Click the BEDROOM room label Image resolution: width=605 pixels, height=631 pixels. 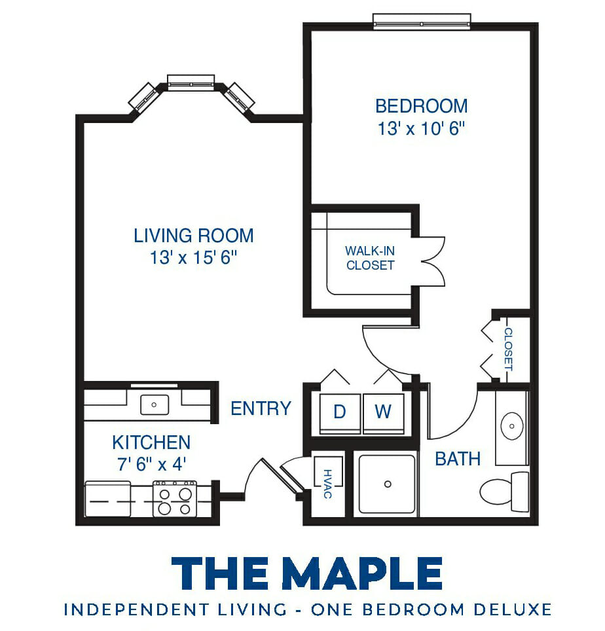[x=422, y=106]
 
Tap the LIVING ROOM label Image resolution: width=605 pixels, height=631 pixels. [x=194, y=236]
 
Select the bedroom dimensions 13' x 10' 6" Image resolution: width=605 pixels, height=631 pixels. [x=421, y=129]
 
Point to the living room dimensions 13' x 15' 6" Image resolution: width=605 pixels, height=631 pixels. [x=193, y=257]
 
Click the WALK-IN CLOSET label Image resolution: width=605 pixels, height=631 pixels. [x=370, y=258]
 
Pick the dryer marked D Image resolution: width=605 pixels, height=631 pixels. [x=340, y=413]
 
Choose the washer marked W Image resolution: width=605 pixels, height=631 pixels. [x=383, y=413]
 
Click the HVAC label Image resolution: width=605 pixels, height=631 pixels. [x=327, y=484]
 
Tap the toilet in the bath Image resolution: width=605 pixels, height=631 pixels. [x=504, y=492]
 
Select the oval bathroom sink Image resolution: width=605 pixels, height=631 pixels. [x=511, y=426]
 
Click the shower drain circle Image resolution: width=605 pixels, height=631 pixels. [x=388, y=484]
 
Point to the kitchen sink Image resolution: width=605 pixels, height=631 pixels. [x=154, y=405]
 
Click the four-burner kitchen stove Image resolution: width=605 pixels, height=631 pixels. [x=175, y=499]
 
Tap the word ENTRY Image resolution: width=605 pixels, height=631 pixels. [x=261, y=409]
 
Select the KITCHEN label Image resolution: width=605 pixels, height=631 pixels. [x=151, y=442]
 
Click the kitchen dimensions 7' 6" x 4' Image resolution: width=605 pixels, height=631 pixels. [x=151, y=464]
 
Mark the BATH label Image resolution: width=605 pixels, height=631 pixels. [x=458, y=459]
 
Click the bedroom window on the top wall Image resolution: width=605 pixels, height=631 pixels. [x=422, y=22]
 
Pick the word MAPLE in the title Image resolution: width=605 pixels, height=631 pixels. [x=362, y=573]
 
